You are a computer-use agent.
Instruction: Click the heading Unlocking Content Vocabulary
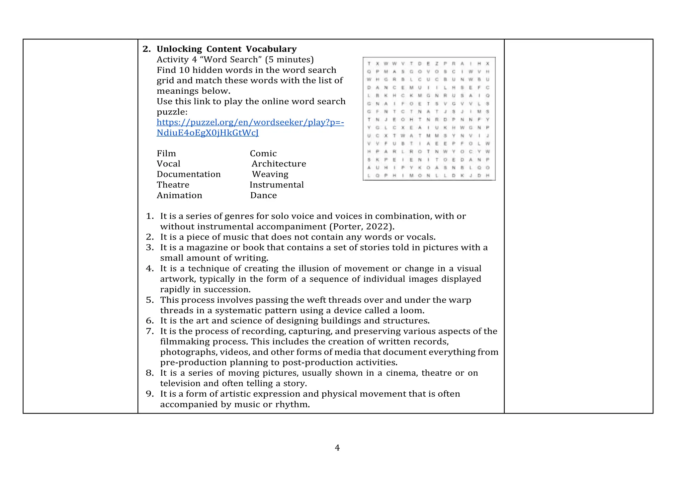pos(226,49)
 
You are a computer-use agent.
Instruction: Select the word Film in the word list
pos(166,153)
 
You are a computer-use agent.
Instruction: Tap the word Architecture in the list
pos(279,164)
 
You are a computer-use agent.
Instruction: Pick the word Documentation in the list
pos(189,174)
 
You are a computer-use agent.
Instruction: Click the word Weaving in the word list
pos(270,174)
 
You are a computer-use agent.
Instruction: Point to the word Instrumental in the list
pos(277,185)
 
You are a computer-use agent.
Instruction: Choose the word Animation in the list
pos(179,195)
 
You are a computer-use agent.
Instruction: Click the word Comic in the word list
pos(263,153)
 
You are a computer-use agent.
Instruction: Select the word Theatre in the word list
pos(173,185)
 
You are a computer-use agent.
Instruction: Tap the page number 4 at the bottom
pos(337,448)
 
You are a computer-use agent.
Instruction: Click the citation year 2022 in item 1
pos(379,227)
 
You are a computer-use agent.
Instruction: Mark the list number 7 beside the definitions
pos(149,331)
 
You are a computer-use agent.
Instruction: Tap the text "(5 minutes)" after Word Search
pos(289,59)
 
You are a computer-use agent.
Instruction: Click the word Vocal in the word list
pos(168,164)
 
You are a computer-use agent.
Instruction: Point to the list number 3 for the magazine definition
pos(149,247)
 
